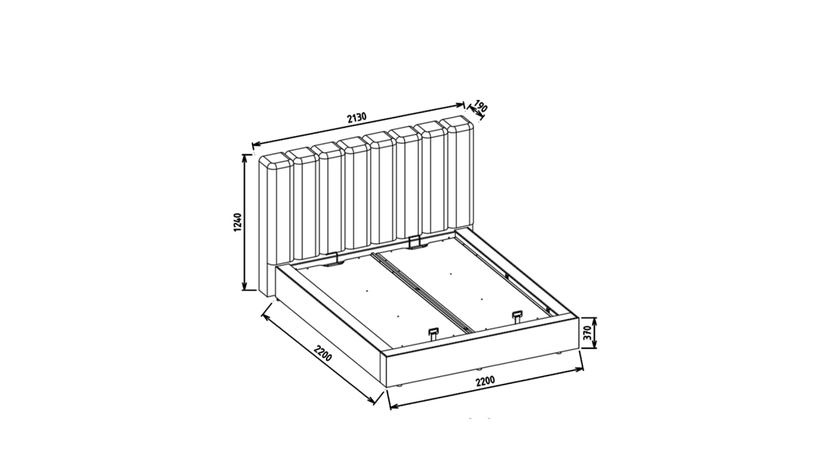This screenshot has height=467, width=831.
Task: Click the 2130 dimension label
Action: click(x=357, y=118)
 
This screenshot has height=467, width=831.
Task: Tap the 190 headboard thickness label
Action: click(x=480, y=106)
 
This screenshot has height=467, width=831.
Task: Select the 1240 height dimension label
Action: click(x=238, y=222)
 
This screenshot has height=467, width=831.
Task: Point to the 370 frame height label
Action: click(x=587, y=333)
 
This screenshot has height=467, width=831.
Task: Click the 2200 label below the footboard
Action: click(x=485, y=381)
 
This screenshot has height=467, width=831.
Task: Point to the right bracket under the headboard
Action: click(x=415, y=242)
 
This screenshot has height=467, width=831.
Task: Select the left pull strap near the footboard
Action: click(x=433, y=333)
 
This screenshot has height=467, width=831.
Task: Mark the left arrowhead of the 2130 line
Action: click(x=255, y=144)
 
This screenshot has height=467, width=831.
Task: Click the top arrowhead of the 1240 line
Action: click(x=244, y=157)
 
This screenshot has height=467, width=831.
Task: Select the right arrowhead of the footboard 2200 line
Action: click(x=580, y=370)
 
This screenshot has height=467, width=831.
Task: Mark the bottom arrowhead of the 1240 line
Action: click(x=244, y=286)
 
